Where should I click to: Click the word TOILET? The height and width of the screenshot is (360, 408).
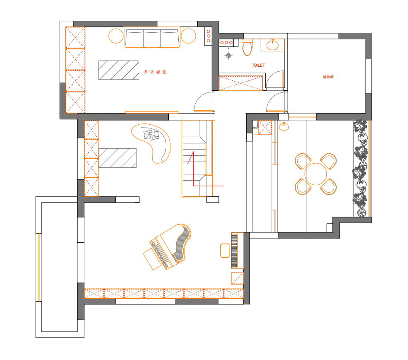click(x=258, y=65)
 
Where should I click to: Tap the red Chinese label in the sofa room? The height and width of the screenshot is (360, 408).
click(x=155, y=72)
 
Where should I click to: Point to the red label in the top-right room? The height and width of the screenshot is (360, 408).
click(x=328, y=77)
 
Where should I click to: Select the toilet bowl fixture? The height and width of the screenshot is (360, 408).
click(x=247, y=47)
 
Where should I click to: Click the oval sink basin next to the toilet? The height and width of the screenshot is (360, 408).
click(x=272, y=46)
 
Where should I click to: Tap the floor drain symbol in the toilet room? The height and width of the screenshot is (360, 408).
click(x=228, y=56)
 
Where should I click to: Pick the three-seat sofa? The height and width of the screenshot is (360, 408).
click(x=152, y=38)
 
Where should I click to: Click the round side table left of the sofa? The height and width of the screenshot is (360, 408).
click(x=116, y=36)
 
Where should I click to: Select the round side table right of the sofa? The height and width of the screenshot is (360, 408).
click(x=188, y=36)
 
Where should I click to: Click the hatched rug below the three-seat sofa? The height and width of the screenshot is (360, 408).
click(x=119, y=70)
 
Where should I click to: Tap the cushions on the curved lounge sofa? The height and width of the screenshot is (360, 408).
click(x=151, y=135)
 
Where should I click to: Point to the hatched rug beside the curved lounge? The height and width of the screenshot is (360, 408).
click(x=118, y=158)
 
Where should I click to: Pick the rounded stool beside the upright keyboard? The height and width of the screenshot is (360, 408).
click(x=225, y=251)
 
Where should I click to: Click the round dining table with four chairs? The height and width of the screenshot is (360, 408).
click(x=316, y=174)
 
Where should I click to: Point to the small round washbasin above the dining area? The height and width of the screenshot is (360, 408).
click(x=284, y=127)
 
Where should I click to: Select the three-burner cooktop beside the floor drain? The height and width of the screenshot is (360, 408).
click(x=226, y=43)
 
